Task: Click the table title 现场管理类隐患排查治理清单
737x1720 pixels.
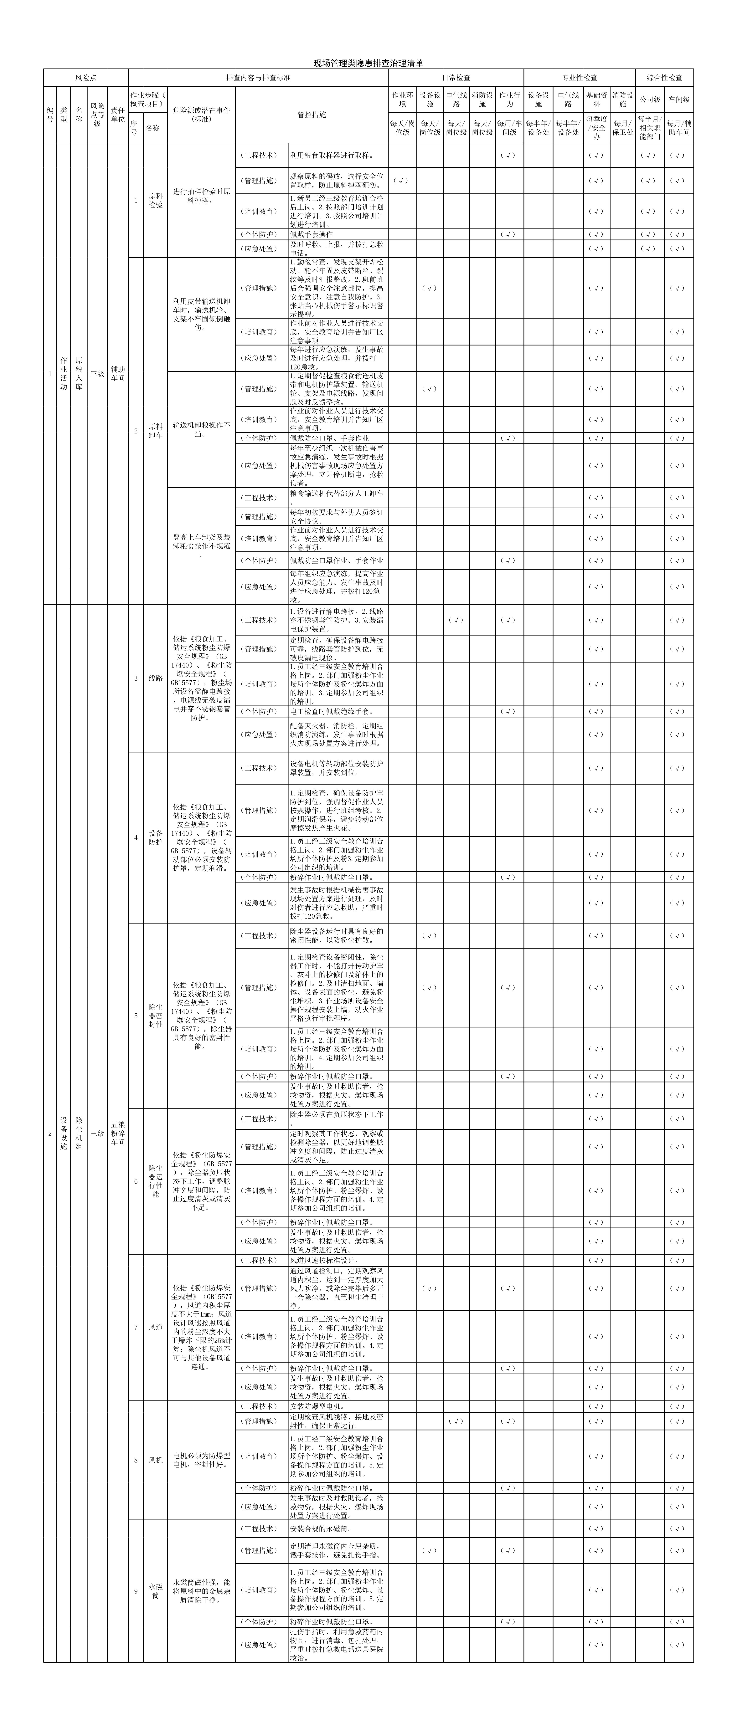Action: tap(368, 64)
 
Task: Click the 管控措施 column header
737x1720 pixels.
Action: tap(312, 115)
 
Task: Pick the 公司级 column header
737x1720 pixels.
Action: tap(650, 100)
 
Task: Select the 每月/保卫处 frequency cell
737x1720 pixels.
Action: tap(622, 128)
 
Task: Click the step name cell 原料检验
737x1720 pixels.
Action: tap(156, 200)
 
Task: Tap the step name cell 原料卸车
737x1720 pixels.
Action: tap(156, 431)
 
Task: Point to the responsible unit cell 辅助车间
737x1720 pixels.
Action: tap(117, 374)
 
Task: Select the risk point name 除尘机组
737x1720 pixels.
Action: tap(79, 1133)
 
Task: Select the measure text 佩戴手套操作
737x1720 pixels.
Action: tap(311, 234)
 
